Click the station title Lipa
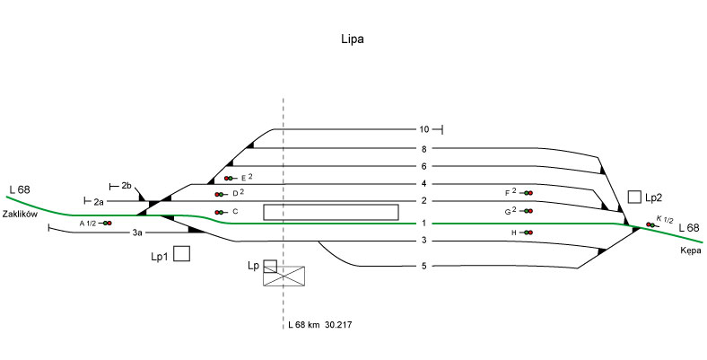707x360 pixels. tap(353, 40)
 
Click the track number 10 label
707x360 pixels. tap(424, 130)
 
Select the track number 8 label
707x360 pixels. tap(423, 149)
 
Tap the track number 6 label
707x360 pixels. tap(423, 166)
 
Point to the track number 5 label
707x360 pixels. tap(423, 267)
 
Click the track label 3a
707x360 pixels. tap(137, 233)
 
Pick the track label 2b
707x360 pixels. tap(127, 186)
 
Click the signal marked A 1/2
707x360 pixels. tap(107, 223)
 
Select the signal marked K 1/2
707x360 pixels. tap(650, 224)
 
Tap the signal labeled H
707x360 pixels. tap(528, 233)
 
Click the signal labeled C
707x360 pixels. tap(219, 212)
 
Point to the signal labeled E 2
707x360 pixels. tap(230, 179)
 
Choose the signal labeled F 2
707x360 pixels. tap(528, 193)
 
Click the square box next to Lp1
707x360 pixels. tap(181, 254)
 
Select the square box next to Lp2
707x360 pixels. tap(634, 197)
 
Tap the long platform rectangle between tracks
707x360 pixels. tap(330, 212)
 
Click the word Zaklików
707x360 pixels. tap(18, 214)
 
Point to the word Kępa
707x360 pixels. tap(689, 251)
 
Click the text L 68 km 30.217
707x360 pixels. tap(319, 323)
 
